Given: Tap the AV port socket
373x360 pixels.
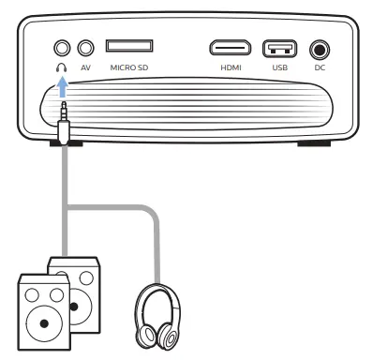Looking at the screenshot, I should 87,46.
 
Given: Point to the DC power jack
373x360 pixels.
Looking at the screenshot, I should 321,48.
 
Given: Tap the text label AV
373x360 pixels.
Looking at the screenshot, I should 87,68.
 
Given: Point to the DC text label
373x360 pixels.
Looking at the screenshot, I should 321,68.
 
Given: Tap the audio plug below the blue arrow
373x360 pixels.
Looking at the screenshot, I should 64,120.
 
